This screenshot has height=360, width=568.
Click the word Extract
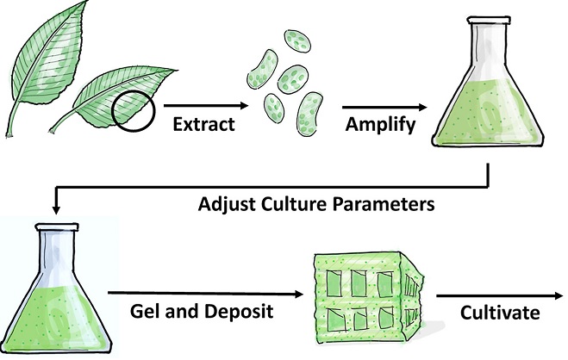203,124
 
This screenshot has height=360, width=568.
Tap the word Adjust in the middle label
222,207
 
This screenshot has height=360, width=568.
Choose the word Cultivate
487,311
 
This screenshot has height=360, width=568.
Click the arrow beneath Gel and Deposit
207,294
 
